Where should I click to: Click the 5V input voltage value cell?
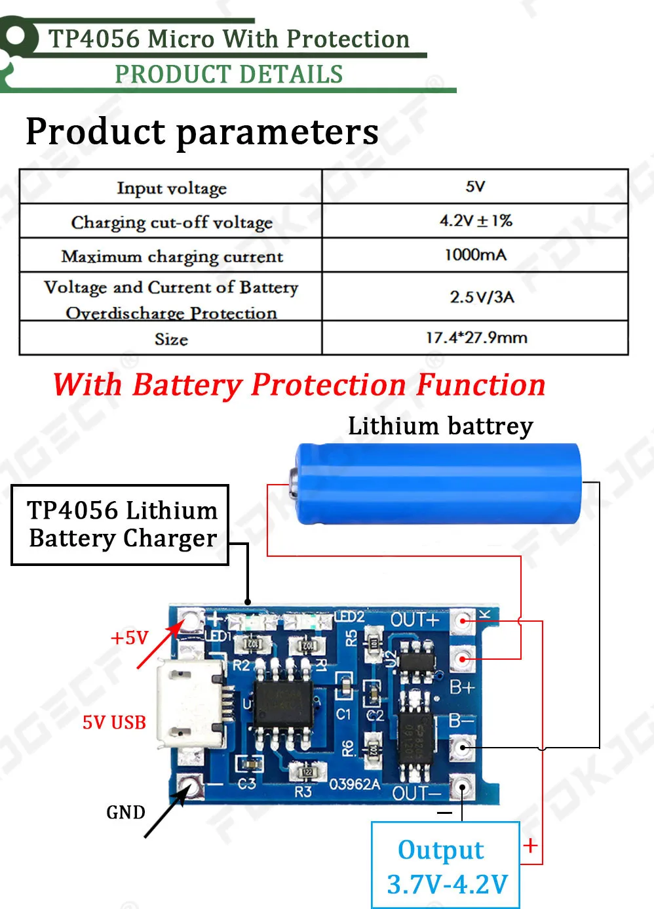(475, 187)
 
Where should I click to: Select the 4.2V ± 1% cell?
(475, 221)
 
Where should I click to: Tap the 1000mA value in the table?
(475, 255)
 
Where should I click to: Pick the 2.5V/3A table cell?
(482, 297)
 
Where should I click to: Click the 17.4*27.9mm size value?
(476, 338)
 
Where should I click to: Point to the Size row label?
(171, 339)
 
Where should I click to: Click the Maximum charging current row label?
(172, 256)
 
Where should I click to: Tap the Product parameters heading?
(202, 132)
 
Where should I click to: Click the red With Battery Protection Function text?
(299, 385)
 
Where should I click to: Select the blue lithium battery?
(438, 483)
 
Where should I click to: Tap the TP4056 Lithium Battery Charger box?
(121, 525)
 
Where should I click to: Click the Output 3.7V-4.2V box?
(446, 866)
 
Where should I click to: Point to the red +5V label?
(129, 638)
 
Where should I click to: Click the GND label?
(125, 813)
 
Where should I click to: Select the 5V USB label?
(114, 723)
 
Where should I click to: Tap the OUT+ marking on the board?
(414, 620)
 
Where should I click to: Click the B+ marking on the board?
(461, 688)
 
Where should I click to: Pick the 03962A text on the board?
(354, 784)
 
